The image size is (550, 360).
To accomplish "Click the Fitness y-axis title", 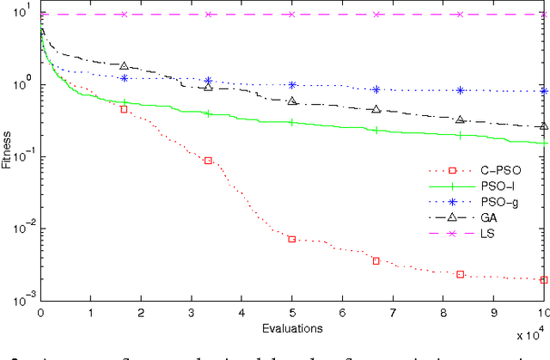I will (x=7, y=149).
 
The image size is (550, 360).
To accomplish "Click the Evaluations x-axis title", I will (x=292, y=327).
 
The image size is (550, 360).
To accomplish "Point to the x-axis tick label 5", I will (x=292, y=314).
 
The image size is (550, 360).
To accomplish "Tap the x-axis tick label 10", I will (x=544, y=314).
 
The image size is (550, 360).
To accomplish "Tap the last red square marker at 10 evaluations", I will (x=544, y=279).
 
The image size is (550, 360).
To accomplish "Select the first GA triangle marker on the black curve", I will (x=124, y=66).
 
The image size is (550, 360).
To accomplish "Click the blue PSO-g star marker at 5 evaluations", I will (x=292, y=85).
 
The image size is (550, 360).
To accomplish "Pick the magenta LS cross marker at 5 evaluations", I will (x=292, y=15).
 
